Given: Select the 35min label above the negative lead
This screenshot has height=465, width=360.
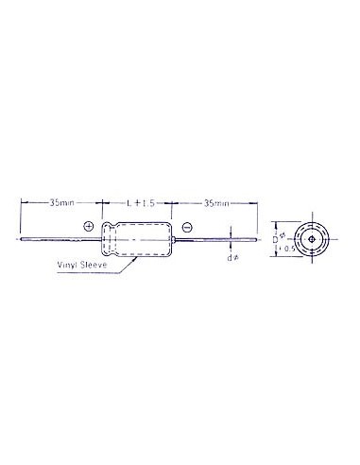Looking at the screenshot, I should (216, 203).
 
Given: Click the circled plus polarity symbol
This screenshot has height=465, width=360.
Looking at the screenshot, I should (89, 226).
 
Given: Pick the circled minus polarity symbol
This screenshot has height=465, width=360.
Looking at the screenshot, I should (186, 227).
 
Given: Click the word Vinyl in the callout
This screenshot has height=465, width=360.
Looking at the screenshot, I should (68, 267).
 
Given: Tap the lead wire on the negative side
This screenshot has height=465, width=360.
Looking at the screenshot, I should (213, 240).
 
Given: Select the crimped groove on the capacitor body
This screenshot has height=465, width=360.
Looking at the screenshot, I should (114, 240).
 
